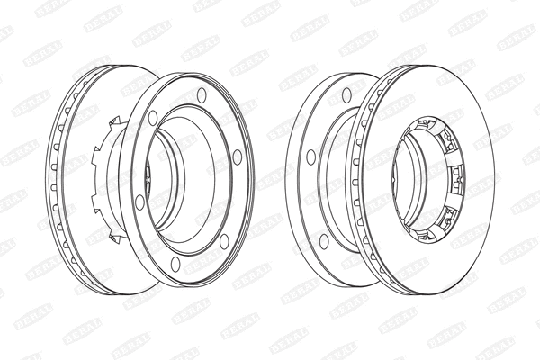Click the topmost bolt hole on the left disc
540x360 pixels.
[x=201, y=94]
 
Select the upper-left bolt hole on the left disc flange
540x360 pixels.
[x=153, y=117]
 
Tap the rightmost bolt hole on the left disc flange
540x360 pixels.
[x=238, y=157]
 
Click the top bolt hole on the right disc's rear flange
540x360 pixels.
[x=346, y=94]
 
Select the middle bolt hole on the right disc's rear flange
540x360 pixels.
[x=311, y=157]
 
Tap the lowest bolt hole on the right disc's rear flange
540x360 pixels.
[x=321, y=239]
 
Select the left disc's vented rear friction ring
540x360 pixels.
[x=72, y=180]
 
